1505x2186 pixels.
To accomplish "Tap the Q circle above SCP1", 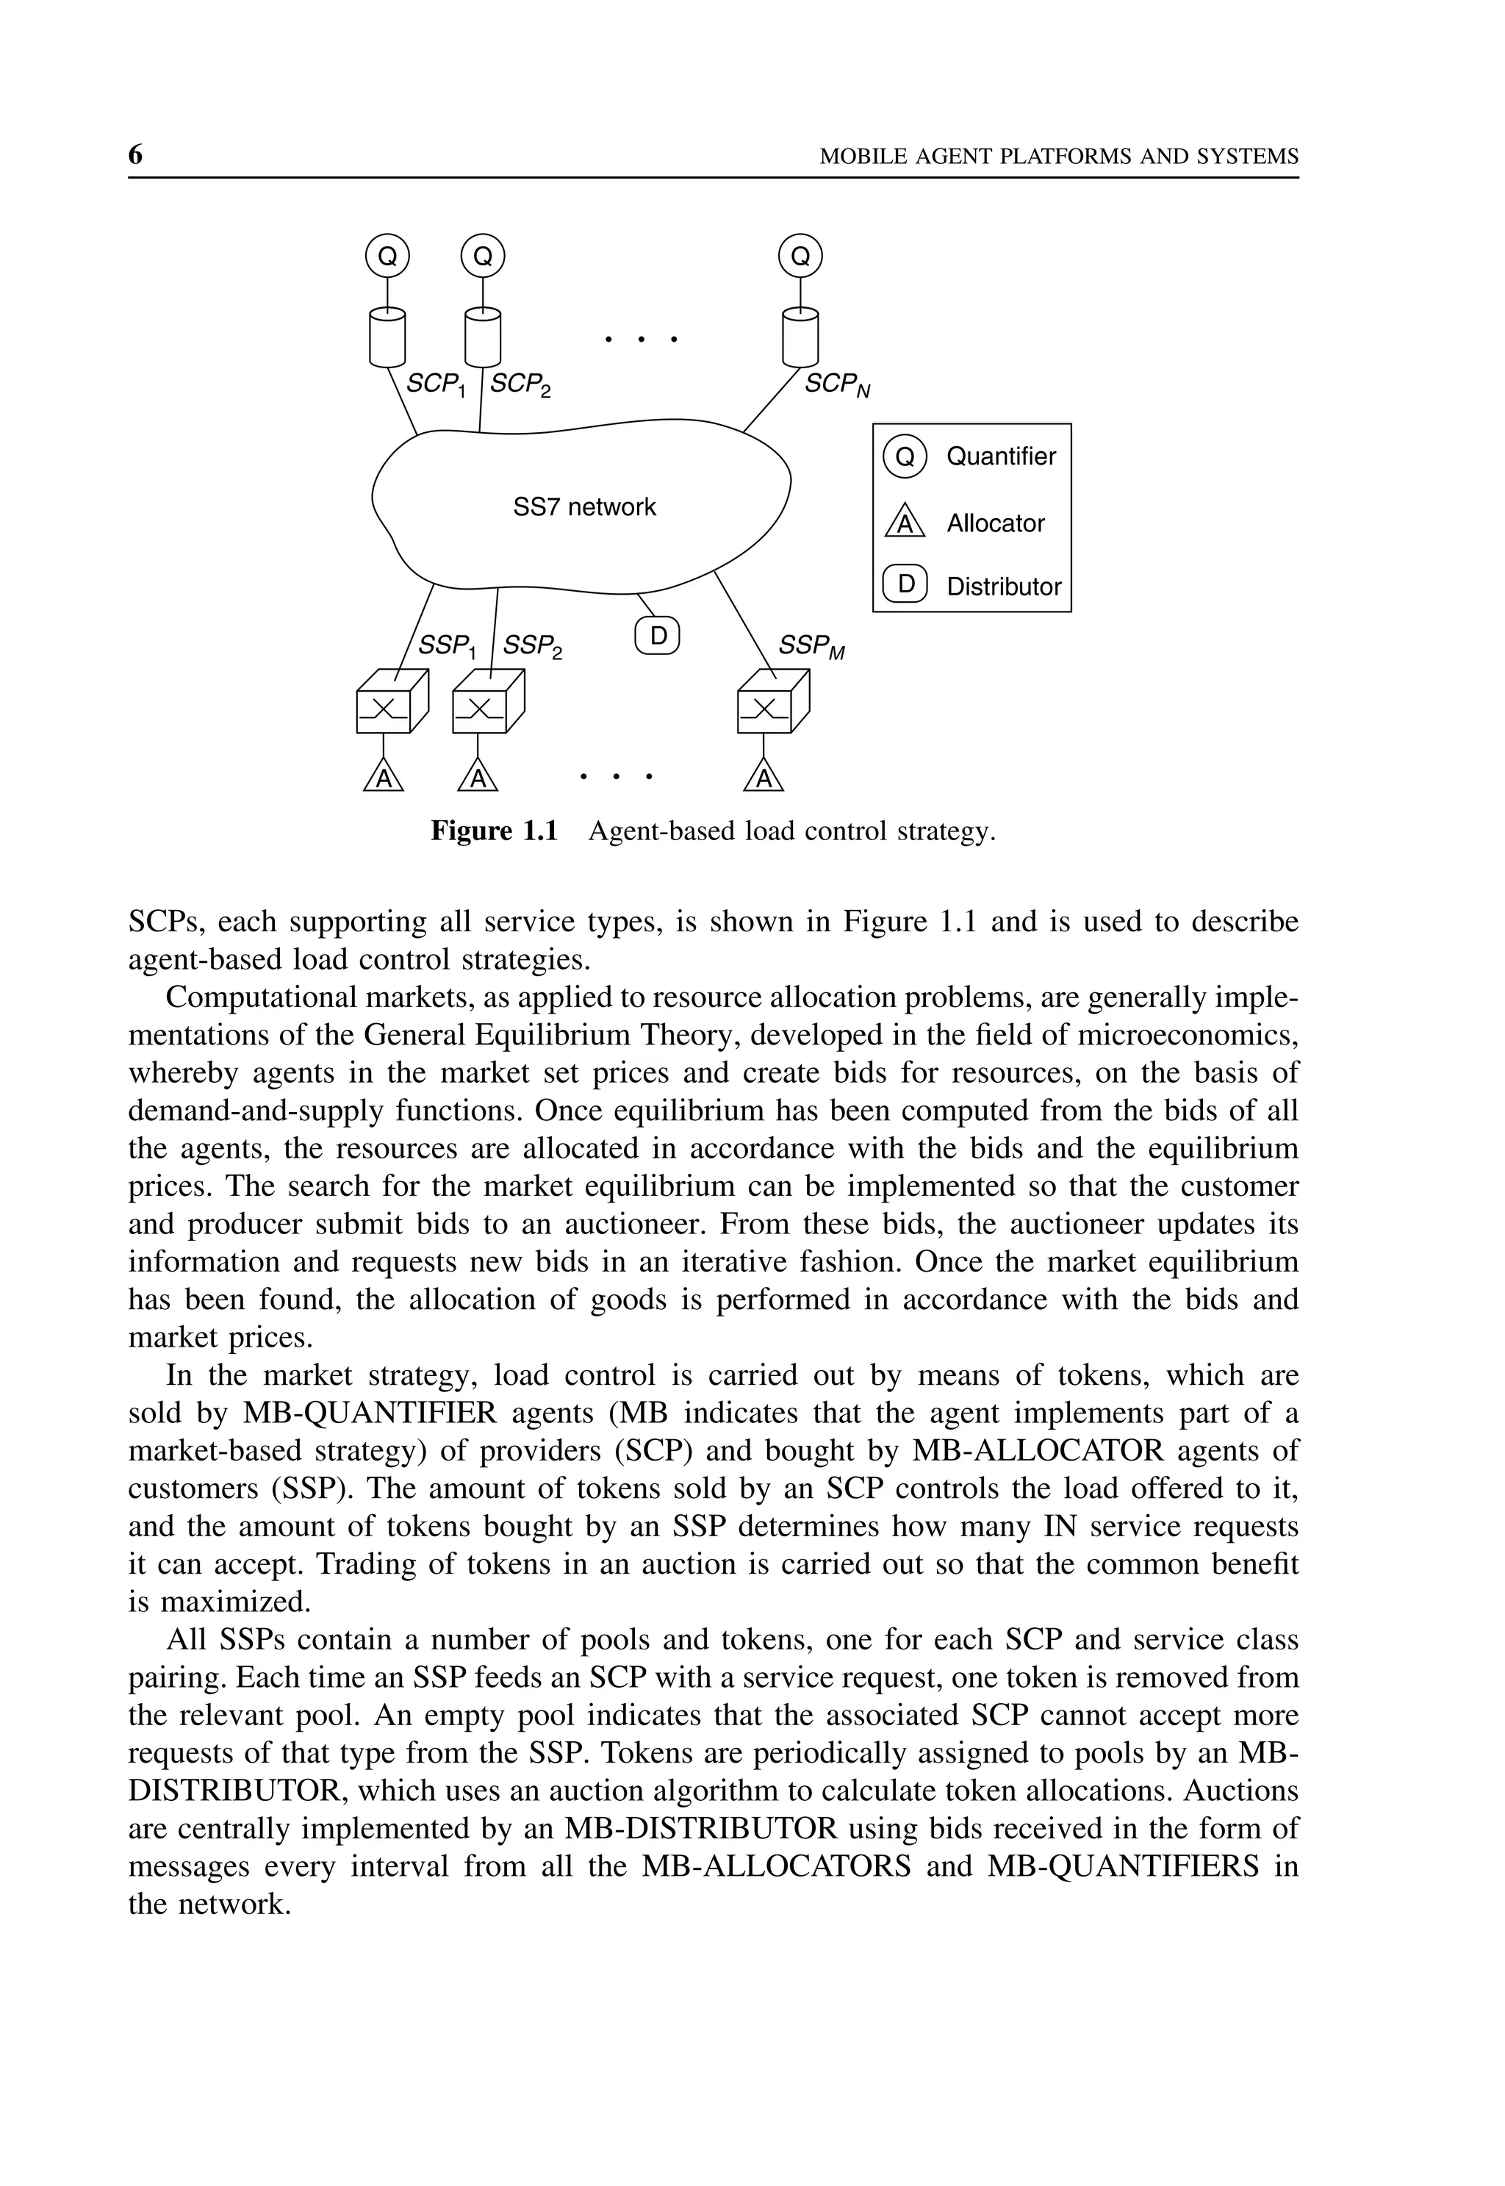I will point(387,257).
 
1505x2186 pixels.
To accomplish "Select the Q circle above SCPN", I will point(800,257).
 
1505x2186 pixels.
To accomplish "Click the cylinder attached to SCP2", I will point(483,337).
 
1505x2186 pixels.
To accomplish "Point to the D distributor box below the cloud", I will point(658,636).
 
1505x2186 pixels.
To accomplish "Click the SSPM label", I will point(810,646).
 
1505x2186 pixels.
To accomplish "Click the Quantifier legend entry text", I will point(1000,456).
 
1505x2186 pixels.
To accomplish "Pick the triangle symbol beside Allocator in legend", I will point(905,522).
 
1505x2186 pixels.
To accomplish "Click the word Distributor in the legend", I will point(1003,587).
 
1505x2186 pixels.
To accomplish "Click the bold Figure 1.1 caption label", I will point(494,831).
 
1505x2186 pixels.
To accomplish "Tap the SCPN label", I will point(836,384).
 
